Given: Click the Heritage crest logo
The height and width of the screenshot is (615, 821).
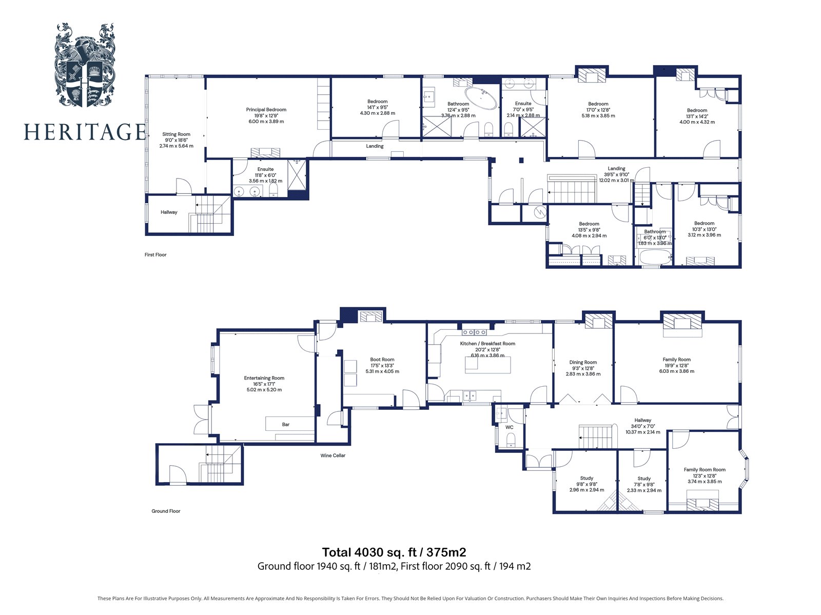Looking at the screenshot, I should (x=85, y=65).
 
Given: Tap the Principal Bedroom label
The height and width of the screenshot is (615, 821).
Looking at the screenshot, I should (x=266, y=110).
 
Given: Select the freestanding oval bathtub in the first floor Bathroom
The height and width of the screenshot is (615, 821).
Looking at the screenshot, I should (x=481, y=98).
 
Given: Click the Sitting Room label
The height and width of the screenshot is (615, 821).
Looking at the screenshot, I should (x=176, y=134).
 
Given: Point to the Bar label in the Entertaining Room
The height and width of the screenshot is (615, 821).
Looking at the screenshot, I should (x=286, y=425).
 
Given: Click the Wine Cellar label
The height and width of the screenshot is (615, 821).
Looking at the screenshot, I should (x=333, y=455).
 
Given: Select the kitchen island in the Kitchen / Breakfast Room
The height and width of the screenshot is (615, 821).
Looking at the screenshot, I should (x=488, y=365).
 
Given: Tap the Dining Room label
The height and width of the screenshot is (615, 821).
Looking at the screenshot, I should (x=583, y=363).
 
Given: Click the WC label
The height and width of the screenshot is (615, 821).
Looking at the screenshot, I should (x=510, y=427).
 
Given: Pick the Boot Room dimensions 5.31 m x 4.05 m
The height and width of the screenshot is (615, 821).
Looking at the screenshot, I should (x=382, y=371).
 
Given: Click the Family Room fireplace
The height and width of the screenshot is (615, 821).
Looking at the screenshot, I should (x=682, y=325).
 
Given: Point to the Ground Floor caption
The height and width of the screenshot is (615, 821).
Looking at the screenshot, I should (x=166, y=511).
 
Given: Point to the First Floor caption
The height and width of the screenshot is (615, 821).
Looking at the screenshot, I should (x=155, y=255).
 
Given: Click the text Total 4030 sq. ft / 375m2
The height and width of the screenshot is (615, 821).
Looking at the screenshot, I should (x=394, y=552).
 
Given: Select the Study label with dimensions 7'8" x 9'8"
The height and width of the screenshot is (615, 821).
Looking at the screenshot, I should (x=644, y=479).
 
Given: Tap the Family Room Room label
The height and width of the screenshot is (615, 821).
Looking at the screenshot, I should (x=705, y=470).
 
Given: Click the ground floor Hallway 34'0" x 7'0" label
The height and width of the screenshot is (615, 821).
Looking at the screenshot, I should (x=642, y=420).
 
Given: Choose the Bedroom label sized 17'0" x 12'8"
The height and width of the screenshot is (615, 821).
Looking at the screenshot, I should (x=598, y=104).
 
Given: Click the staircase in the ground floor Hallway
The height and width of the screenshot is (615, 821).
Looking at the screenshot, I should (x=597, y=437).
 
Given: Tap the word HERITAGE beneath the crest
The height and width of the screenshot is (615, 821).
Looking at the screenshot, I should (x=85, y=132).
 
